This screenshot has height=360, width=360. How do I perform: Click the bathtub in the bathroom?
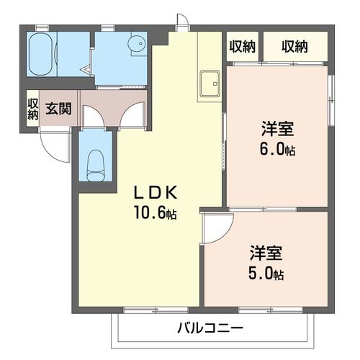click(x=41, y=54)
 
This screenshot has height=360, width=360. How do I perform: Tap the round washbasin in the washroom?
click(x=137, y=44)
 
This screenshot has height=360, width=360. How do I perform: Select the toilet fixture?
click(x=96, y=166)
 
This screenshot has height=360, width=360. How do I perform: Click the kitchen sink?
click(x=210, y=84)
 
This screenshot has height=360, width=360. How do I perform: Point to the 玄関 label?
click(x=58, y=109)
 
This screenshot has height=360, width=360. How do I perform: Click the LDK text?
click(x=156, y=193)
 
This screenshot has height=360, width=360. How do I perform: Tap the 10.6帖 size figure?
click(x=156, y=212)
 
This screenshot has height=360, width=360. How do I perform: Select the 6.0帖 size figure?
click(x=277, y=148)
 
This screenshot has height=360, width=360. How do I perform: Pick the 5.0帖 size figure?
click(x=266, y=274)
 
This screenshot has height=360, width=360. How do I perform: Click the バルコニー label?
click(x=210, y=328)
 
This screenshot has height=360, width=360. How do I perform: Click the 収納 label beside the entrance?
click(x=32, y=109)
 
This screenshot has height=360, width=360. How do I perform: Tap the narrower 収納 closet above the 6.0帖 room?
click(x=243, y=47)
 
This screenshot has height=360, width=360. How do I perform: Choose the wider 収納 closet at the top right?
click(x=295, y=47)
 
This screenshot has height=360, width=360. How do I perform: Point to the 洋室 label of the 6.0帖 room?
click(x=278, y=129)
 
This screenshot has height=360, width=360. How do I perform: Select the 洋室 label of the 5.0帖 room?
click(x=266, y=253)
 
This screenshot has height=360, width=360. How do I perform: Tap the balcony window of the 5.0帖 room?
click(x=271, y=310)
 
